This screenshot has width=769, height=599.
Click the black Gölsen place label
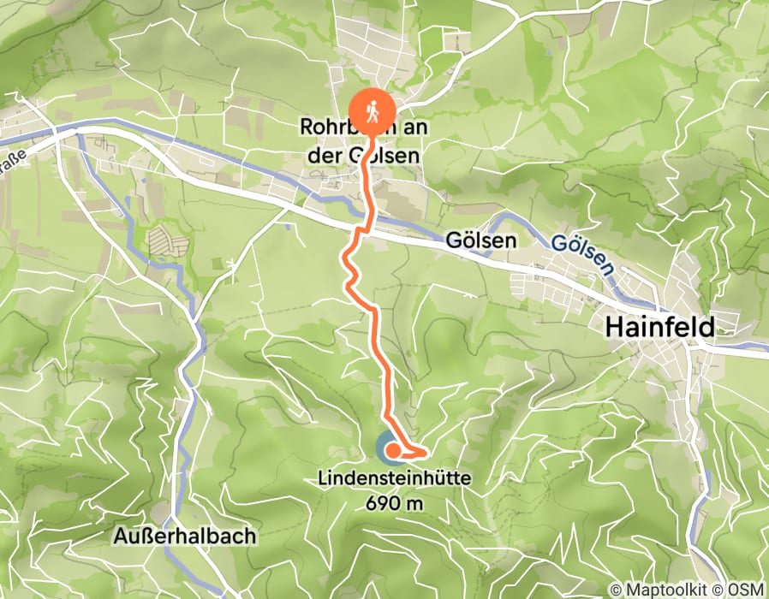[x=480, y=241]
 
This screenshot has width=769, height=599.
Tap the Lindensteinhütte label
[x=394, y=481]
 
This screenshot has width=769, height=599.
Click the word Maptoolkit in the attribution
[x=669, y=590]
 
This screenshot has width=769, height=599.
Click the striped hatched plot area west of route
[x=169, y=242]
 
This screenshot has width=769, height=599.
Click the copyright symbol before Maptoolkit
[x=615, y=590]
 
